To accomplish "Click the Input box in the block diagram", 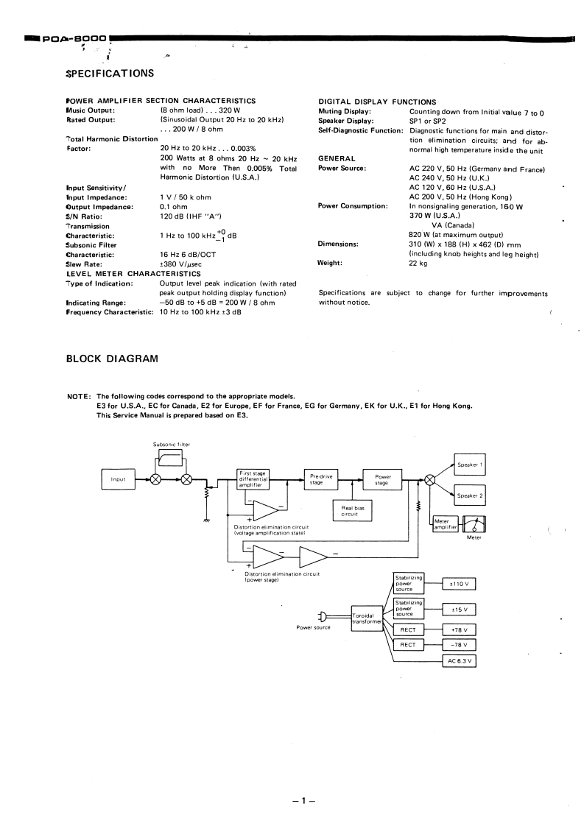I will click(x=119, y=479).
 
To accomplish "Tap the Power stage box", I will click(x=382, y=479).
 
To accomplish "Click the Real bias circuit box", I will click(x=349, y=511).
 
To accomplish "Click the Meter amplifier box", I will click(x=446, y=524).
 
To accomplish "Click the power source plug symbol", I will click(x=322, y=617).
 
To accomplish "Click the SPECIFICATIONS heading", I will click(x=110, y=73).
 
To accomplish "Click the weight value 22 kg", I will click(x=418, y=263).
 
